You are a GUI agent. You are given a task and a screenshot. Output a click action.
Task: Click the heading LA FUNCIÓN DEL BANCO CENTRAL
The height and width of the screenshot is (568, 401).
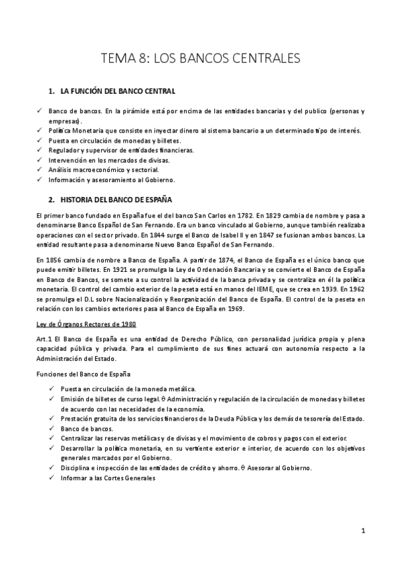118,90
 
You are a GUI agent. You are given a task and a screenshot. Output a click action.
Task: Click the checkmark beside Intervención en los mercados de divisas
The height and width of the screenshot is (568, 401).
40,160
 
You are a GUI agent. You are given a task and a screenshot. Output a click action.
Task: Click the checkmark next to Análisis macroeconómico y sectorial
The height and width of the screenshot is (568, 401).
40,170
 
